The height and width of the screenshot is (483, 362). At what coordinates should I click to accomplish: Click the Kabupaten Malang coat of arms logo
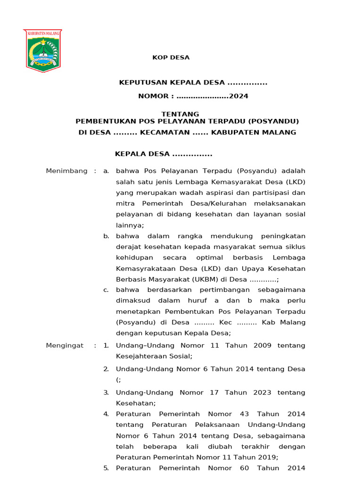(42, 50)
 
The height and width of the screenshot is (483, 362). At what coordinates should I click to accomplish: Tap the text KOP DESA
(171, 58)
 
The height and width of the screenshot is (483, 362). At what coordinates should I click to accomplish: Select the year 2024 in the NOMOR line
(239, 96)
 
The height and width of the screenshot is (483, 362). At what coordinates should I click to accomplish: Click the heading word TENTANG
(181, 114)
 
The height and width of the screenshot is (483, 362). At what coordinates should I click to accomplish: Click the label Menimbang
(66, 171)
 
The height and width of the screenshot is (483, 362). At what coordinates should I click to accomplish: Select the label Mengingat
(65, 345)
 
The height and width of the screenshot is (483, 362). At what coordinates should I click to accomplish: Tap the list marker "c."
(106, 290)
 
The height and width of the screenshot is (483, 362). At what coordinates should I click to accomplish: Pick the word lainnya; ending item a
(130, 225)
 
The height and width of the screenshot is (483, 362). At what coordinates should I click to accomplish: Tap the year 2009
(262, 345)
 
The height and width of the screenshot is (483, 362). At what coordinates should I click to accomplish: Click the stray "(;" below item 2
(118, 380)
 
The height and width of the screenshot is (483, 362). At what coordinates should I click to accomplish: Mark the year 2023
(262, 392)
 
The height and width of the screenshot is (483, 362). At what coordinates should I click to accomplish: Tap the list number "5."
(106, 468)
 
